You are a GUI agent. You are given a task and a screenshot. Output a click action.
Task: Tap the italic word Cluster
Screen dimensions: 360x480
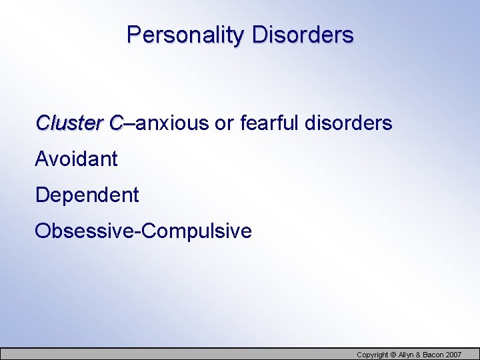pyautogui.click(x=69, y=123)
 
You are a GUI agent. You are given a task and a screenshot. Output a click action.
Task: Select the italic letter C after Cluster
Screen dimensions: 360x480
pyautogui.click(x=116, y=123)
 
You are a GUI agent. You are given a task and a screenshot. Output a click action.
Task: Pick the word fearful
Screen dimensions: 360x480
pyautogui.click(x=269, y=123)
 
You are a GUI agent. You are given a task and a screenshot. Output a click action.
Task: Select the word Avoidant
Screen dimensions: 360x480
pyautogui.click(x=76, y=159)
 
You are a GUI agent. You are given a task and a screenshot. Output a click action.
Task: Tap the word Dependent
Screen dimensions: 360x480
pyautogui.click(x=87, y=195)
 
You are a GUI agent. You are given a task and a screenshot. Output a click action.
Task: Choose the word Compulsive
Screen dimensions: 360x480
pyautogui.click(x=197, y=231)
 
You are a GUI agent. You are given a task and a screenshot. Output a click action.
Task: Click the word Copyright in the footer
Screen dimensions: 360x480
pyautogui.click(x=372, y=355)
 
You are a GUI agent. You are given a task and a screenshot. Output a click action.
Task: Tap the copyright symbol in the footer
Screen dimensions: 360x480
pyautogui.click(x=393, y=355)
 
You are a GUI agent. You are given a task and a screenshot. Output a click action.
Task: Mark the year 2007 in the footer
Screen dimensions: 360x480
pyautogui.click(x=453, y=355)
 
